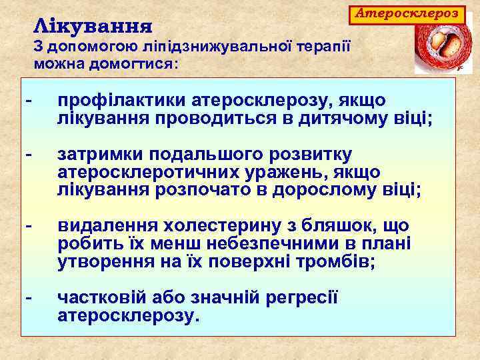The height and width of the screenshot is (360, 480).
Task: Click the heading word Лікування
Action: pyautogui.click(x=93, y=27)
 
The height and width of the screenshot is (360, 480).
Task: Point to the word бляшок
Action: pyautogui.click(x=337, y=226)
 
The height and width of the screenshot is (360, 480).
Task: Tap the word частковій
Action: pyautogui.click(x=103, y=297)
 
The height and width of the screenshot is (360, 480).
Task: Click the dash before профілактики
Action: pyautogui.click(x=27, y=101)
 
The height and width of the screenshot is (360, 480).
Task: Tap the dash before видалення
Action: pyautogui.click(x=27, y=226)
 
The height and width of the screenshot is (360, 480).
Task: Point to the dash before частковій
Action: pyautogui.click(x=27, y=297)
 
